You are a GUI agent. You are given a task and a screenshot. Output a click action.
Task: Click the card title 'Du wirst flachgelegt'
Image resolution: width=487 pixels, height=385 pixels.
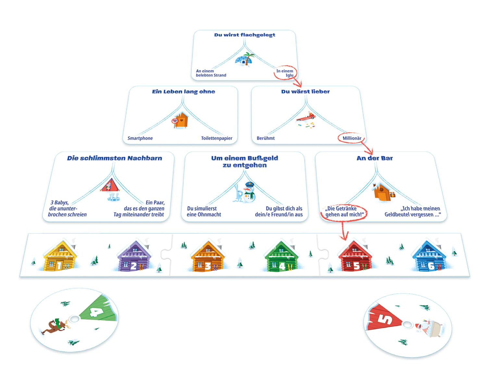coord(244,35)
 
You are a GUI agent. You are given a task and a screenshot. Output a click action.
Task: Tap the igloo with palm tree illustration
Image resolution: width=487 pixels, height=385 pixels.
coord(244,59)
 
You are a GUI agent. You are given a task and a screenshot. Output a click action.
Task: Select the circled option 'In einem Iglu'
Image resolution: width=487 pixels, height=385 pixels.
coord(285,73)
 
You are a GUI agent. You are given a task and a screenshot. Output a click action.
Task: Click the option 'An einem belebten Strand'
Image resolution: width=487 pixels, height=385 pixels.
coord(211,73)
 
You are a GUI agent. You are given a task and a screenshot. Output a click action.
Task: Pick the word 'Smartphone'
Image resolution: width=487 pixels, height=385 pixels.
coord(140,138)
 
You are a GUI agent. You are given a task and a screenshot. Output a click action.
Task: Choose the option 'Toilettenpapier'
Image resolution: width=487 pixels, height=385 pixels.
coord(217,138)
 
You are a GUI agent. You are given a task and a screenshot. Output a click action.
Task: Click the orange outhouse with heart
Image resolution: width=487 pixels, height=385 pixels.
coord(181,120)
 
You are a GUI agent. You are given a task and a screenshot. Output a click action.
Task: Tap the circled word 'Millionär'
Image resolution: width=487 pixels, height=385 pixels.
coord(352,138)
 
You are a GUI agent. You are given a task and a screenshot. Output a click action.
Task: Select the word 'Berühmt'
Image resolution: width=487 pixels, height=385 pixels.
coord(266,138)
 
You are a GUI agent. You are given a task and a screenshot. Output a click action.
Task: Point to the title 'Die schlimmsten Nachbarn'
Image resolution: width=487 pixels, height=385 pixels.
coord(114,158)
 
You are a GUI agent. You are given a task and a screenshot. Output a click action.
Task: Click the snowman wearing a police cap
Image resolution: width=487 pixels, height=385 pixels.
coord(250,192)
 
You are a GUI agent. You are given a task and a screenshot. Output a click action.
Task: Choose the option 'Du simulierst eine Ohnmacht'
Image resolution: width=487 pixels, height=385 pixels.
coord(204,211)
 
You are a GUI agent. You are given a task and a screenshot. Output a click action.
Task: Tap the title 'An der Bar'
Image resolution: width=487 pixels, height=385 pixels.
coord(374,158)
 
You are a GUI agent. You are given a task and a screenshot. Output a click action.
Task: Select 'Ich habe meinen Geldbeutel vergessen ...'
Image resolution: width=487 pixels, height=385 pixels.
coord(412,211)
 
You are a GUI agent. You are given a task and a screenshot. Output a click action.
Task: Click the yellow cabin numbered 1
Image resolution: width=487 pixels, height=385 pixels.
coord(60,256)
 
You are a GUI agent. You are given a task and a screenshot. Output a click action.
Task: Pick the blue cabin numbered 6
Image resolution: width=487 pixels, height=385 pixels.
coord(430,256)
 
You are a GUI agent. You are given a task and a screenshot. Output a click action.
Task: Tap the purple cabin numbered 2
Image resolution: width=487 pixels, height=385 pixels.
coord(134,256)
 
